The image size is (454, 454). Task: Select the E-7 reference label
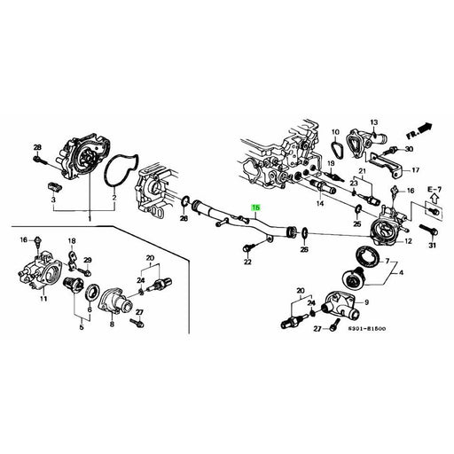433,190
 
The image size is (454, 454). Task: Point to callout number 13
373,121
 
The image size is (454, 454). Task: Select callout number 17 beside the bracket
416,169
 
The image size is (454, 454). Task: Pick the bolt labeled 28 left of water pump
37,160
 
